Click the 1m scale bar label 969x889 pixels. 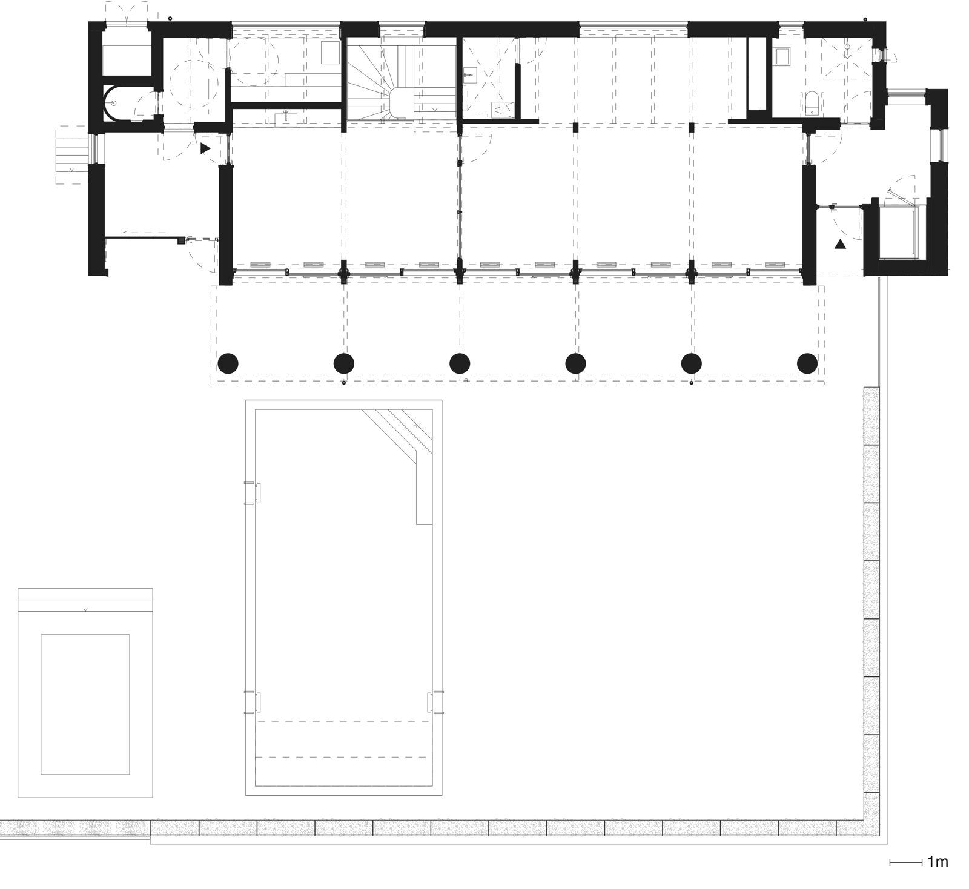coord(936,862)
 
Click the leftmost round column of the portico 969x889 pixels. coord(228,363)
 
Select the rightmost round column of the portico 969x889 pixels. coord(807,363)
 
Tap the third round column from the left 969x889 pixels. coord(460,363)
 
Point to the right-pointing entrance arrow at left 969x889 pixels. coord(205,147)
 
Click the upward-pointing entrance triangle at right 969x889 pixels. coord(839,245)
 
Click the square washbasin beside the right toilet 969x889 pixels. coord(782,56)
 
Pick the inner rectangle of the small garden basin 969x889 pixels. coord(85,704)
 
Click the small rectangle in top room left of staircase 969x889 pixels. coord(331,53)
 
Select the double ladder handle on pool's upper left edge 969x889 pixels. coord(253,492)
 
